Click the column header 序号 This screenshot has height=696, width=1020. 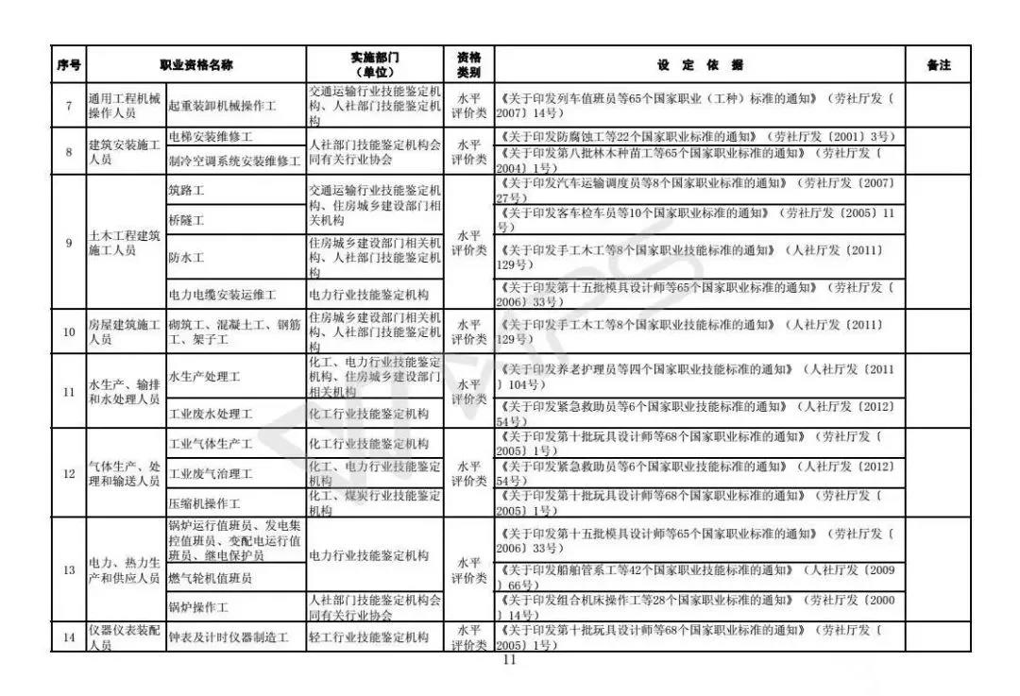(x=68, y=65)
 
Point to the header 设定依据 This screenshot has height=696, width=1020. (x=700, y=65)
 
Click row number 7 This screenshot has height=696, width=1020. (x=68, y=106)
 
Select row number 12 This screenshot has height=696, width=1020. (x=68, y=473)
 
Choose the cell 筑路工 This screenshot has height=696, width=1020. (x=186, y=191)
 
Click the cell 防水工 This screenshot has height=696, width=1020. (x=186, y=257)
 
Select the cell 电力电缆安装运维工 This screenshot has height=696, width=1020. (x=222, y=295)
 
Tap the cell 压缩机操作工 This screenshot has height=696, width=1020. (x=204, y=503)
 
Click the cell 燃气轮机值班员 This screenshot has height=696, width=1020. (x=210, y=577)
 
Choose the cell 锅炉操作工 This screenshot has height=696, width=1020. (x=198, y=606)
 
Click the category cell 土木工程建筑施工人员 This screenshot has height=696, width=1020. (x=124, y=243)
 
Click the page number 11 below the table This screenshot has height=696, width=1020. (x=510, y=661)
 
